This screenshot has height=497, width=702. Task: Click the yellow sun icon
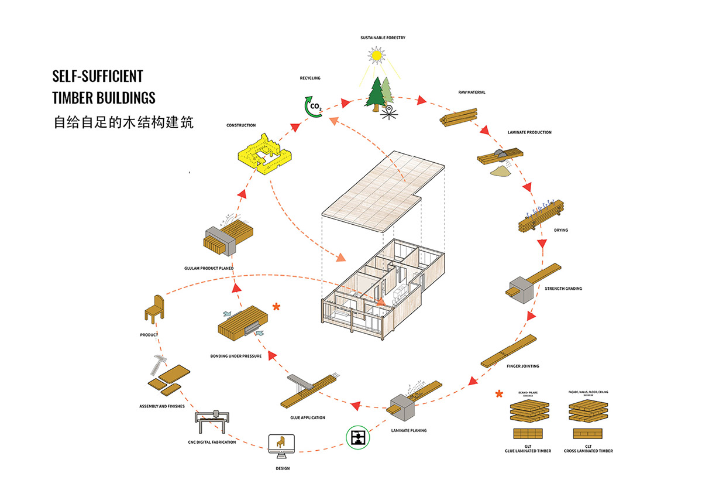click(x=374, y=56)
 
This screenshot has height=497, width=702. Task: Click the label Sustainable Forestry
click(x=383, y=38)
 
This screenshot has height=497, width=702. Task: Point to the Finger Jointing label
click(x=522, y=366)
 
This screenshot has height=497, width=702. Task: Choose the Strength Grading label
click(x=563, y=289)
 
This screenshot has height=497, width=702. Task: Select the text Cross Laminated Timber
click(x=589, y=451)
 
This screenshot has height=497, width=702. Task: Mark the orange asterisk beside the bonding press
click(x=276, y=306)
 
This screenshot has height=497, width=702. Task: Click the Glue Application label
click(x=307, y=417)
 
